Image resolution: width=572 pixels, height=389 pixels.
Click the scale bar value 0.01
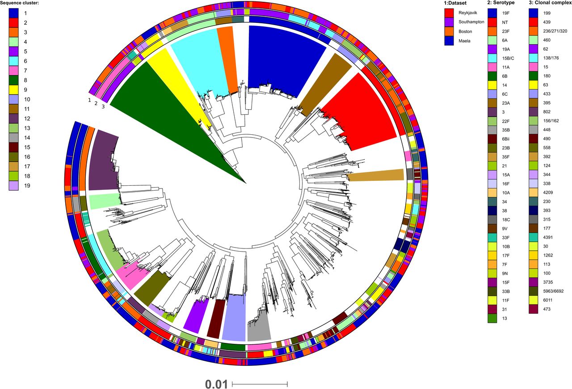point(216,384)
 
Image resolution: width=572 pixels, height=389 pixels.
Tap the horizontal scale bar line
point(260,384)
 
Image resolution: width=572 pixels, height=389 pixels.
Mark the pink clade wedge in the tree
point(132,275)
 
